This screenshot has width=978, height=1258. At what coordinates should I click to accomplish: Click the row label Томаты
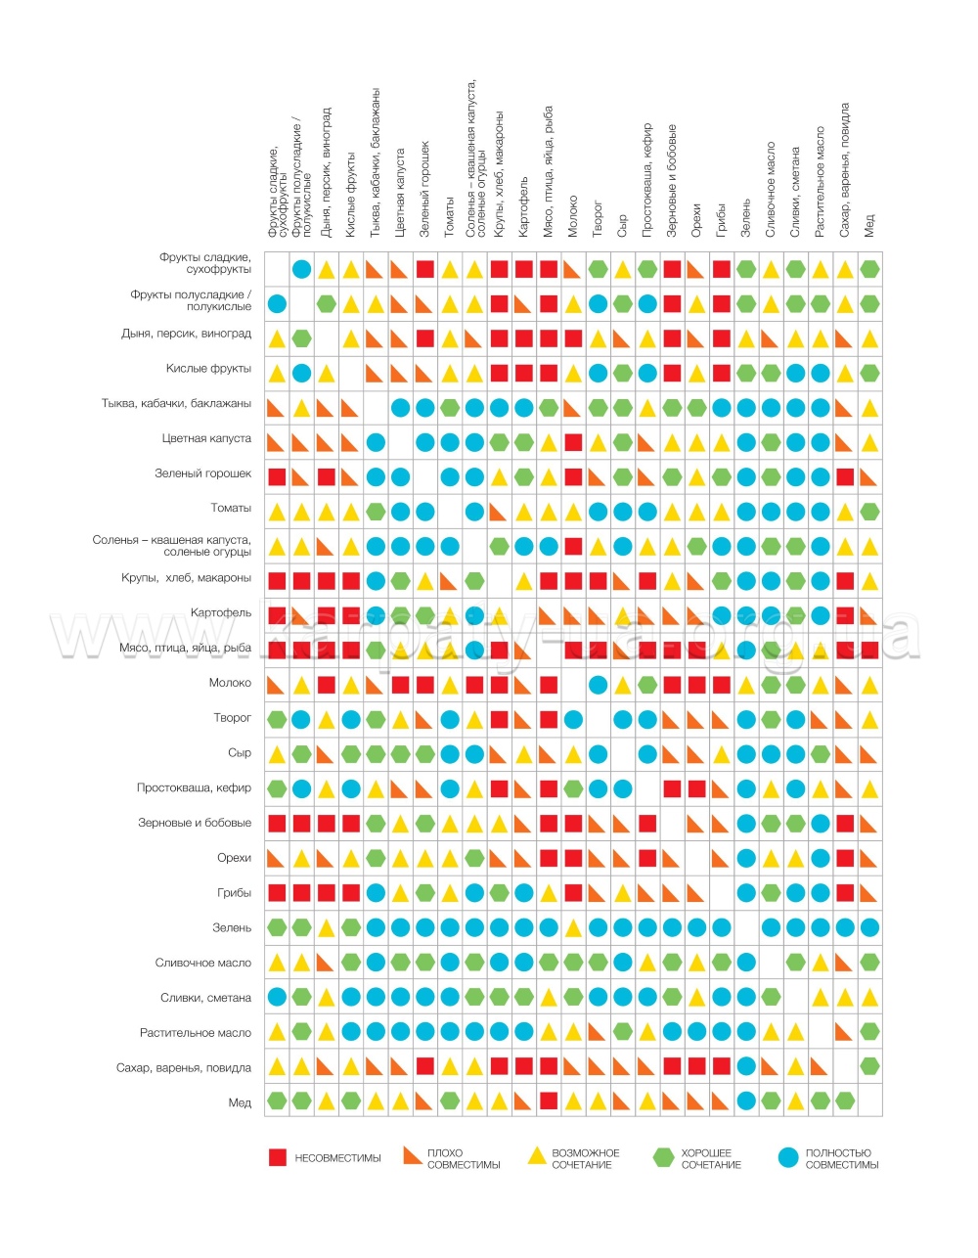[x=231, y=509]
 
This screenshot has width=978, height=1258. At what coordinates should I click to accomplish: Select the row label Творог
[x=232, y=718]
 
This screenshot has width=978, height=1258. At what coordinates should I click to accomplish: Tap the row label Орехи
[x=234, y=857]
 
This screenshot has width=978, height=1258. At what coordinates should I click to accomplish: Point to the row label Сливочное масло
[x=203, y=963]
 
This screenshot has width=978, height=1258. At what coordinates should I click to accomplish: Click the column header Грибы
[x=721, y=219]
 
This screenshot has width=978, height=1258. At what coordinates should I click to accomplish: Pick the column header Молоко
[x=573, y=216]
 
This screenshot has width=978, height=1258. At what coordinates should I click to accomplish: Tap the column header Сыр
[x=622, y=226]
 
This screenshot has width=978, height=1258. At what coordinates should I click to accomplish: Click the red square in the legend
[x=277, y=1158]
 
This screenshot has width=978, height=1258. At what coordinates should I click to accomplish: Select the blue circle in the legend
[x=788, y=1158]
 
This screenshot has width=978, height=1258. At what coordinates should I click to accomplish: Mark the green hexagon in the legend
[x=663, y=1158]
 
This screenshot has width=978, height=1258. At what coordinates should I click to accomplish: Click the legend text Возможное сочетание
[x=585, y=1158]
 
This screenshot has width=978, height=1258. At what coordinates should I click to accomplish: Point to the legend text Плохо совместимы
[x=464, y=1158]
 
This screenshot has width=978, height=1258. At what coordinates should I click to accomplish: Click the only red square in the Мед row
[x=549, y=1101]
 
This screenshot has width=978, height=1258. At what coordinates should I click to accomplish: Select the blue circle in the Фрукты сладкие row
[x=301, y=269]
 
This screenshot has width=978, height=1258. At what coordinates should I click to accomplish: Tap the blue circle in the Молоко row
[x=598, y=685]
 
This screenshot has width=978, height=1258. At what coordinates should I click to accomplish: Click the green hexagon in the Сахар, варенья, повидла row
[x=869, y=1066]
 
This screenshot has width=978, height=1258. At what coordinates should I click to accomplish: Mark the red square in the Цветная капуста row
[x=573, y=442]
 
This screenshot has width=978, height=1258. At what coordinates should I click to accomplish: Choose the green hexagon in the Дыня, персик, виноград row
[x=301, y=338]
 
